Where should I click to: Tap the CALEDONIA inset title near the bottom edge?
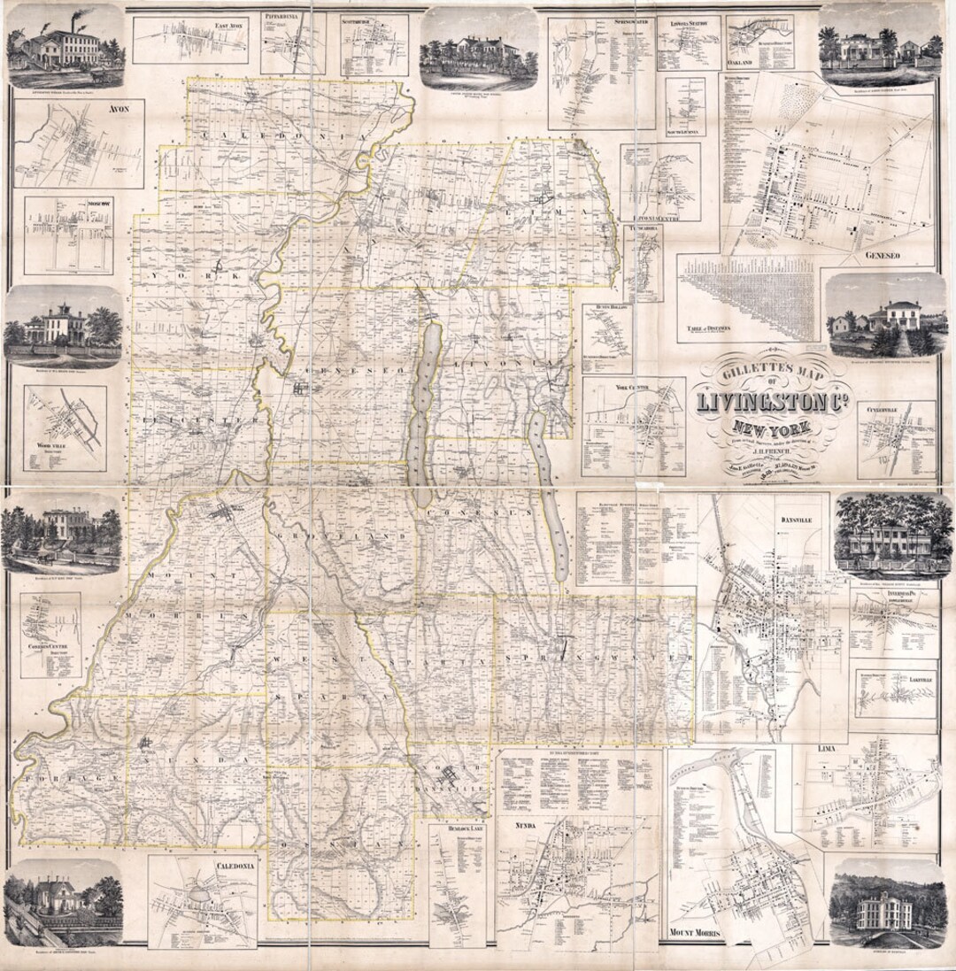228,866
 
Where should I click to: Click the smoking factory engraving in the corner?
64,44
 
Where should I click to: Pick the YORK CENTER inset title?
632,388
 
